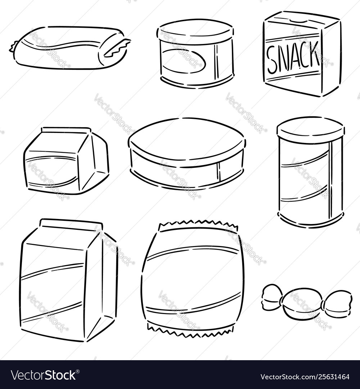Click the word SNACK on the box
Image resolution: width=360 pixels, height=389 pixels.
(293, 56)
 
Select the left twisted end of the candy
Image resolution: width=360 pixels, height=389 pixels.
(272, 298)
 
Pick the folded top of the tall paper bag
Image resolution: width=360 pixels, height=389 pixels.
(71, 224)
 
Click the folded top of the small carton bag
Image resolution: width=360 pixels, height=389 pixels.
(66, 130)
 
